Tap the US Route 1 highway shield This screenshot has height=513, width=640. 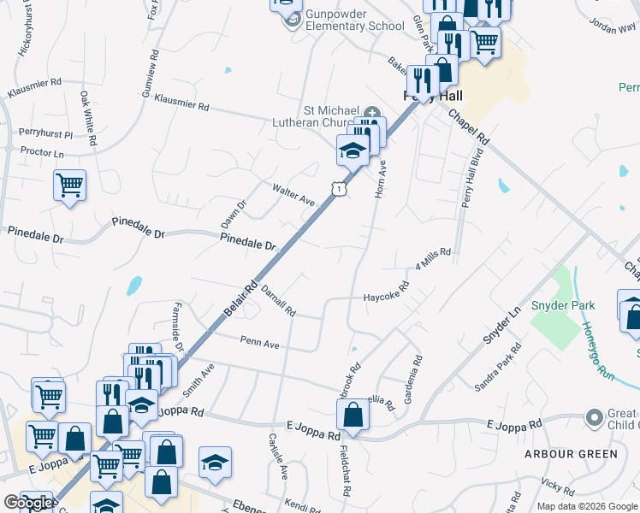[340, 188]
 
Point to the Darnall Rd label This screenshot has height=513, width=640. [278, 300]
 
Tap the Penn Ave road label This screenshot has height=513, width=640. [260, 344]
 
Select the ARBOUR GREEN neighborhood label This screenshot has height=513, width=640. [572, 454]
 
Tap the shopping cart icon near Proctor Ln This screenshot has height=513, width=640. [69, 185]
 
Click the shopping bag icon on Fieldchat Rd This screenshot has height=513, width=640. [353, 417]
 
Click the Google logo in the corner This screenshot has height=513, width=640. [27, 503]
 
